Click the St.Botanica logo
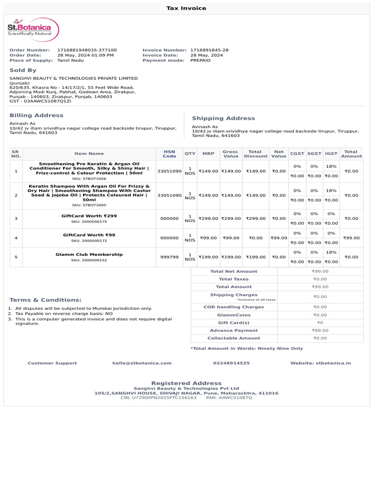(x=33, y=30)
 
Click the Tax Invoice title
(x=186, y=8)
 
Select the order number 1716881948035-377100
(x=87, y=50)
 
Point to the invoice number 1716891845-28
(x=209, y=50)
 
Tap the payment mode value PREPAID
(x=201, y=60)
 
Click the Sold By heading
(x=23, y=71)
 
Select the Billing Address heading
(x=36, y=115)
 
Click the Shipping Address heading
(x=223, y=118)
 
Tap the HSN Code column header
(x=170, y=154)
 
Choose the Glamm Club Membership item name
(x=89, y=254)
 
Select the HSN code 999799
(x=170, y=257)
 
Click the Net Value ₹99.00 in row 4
(x=279, y=238)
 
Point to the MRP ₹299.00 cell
(x=208, y=219)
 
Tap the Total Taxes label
(x=234, y=279)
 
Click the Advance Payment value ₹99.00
(x=320, y=331)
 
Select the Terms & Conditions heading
(x=46, y=300)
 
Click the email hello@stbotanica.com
(x=142, y=363)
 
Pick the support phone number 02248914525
(x=231, y=363)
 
